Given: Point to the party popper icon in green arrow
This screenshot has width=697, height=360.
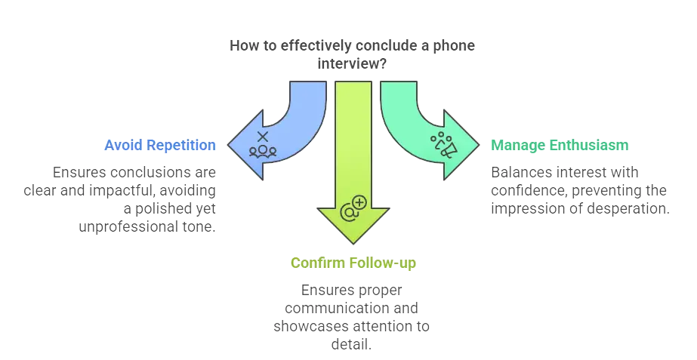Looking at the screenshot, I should (x=443, y=144).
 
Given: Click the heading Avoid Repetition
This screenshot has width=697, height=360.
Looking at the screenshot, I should (x=160, y=144).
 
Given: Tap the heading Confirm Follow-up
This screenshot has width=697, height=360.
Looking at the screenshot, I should (x=353, y=263).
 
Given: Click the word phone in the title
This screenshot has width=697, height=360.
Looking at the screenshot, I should (x=455, y=46).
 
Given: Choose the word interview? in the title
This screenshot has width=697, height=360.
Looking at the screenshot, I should (x=353, y=64).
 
